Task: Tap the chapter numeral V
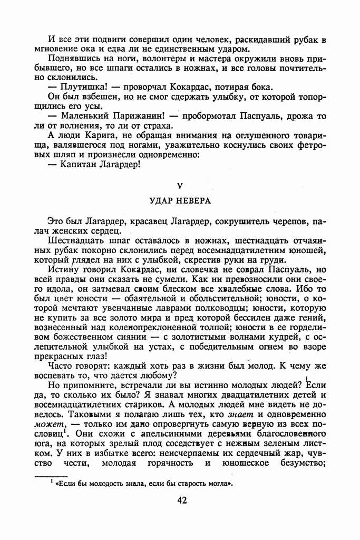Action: [x=180, y=185]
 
